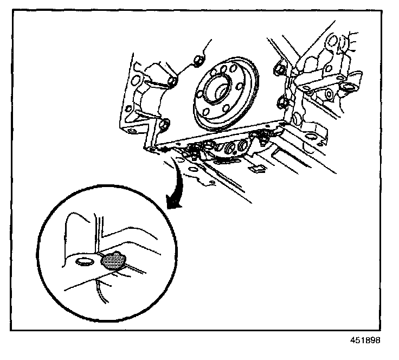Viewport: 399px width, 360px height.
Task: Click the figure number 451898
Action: tap(364, 340)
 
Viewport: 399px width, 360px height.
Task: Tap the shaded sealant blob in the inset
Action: tap(113, 261)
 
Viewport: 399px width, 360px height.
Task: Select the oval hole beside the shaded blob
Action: tap(84, 262)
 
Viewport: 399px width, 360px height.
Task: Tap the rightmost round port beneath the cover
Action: tap(241, 145)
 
